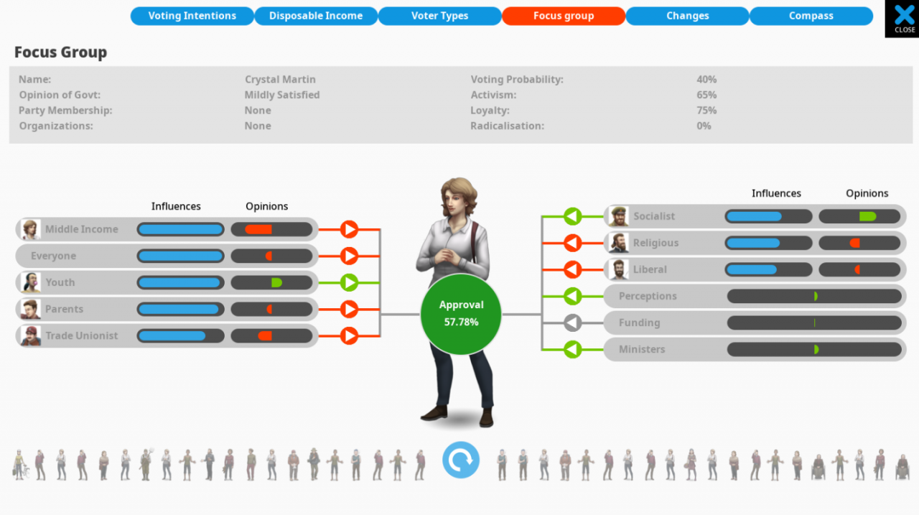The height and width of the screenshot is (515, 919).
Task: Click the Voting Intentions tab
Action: coord(192,16)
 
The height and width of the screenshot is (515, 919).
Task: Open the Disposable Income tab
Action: coord(316,16)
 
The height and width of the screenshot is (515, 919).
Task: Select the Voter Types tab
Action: coord(439,16)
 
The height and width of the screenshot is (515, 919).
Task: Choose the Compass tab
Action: coord(811,16)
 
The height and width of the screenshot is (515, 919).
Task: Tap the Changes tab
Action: coord(687,16)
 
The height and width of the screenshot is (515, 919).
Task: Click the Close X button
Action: coord(904,18)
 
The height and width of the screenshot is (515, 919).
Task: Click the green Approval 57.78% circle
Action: coord(461,314)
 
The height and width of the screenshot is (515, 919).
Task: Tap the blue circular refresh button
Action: coord(460,460)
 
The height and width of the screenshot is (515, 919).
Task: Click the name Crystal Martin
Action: coord(280,80)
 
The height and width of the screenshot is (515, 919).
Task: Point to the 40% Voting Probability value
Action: coord(706,80)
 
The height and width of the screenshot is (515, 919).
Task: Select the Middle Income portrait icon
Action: coord(30,229)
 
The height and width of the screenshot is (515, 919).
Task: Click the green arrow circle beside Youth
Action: coord(349,282)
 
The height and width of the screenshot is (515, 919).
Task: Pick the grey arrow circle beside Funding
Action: coord(572,323)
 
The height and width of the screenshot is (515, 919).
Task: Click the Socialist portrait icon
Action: coord(617,216)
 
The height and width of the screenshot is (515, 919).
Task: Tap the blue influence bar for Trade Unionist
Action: coord(172,335)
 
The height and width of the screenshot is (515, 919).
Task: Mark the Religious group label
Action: coord(656,243)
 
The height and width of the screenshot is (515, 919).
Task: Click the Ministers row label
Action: coord(642,349)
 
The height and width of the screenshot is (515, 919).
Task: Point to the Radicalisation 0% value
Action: coord(704,126)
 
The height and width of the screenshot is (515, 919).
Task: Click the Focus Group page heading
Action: coord(60,52)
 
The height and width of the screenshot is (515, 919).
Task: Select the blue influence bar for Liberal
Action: coord(751,269)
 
